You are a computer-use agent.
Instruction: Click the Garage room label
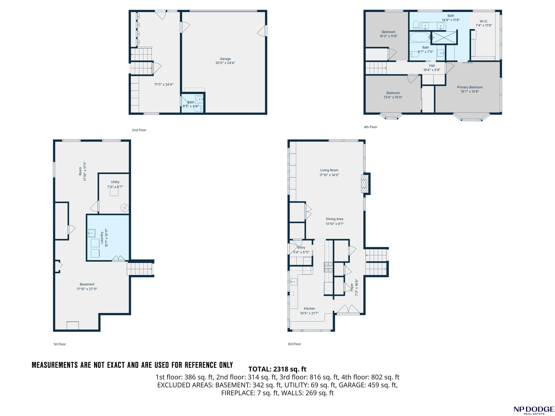(225, 59)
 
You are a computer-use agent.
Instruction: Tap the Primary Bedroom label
(470, 87)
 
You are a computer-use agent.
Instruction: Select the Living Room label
(329, 170)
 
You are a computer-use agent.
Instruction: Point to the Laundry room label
(102, 237)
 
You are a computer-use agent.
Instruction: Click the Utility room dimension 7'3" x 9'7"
(115, 187)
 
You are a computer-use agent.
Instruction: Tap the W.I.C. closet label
(484, 21)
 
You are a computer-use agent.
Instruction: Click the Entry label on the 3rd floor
(301, 248)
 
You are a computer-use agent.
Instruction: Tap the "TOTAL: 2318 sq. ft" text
(277, 369)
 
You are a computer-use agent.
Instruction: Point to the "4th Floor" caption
(371, 127)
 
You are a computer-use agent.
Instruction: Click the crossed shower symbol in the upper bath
(444, 38)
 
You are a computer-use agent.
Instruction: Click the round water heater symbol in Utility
(125, 208)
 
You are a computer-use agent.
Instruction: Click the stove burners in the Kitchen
(328, 267)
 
